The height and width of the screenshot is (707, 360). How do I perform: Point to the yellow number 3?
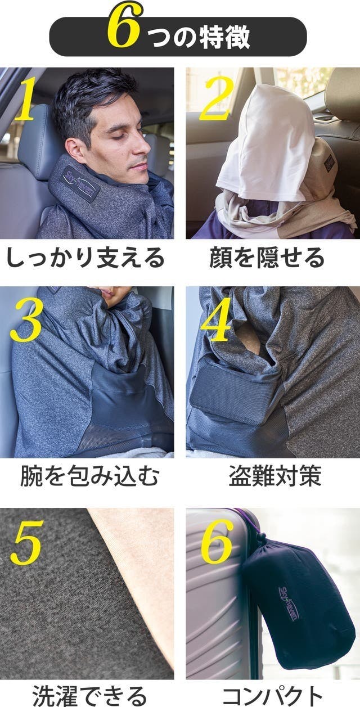click(26, 321)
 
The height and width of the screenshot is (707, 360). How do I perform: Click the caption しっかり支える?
click(85, 258)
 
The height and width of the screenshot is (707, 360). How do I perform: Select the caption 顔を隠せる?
click(267, 258)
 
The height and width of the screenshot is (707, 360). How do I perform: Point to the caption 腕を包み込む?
click(89, 476)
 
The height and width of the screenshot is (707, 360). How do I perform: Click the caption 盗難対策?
click(275, 476)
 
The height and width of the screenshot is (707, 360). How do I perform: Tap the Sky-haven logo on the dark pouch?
click(288, 604)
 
